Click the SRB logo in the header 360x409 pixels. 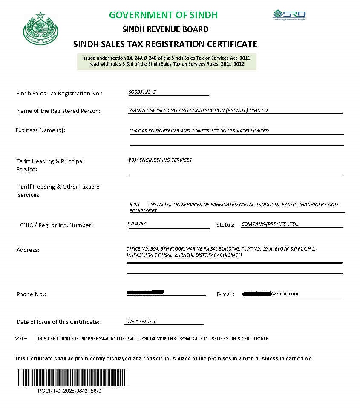click(x=289, y=15)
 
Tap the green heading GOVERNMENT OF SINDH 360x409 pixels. click(x=163, y=15)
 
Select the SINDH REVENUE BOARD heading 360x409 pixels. click(x=165, y=29)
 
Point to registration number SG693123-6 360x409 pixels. click(x=142, y=92)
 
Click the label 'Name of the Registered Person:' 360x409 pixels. click(x=58, y=111)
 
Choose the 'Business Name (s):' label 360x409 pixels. click(x=40, y=130)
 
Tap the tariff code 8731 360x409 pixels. click(x=135, y=204)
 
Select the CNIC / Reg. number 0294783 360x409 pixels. click(x=137, y=223)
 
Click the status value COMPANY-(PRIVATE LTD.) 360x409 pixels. click(x=270, y=224)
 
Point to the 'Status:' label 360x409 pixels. click(x=225, y=225)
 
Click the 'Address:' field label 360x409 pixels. click(x=28, y=250)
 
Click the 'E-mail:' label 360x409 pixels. click(x=226, y=294)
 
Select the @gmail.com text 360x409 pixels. click(x=285, y=294)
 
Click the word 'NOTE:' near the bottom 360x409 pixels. click(x=21, y=339)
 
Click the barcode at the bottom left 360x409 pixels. click(x=72, y=377)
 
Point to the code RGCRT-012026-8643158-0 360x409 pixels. click(x=69, y=391)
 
